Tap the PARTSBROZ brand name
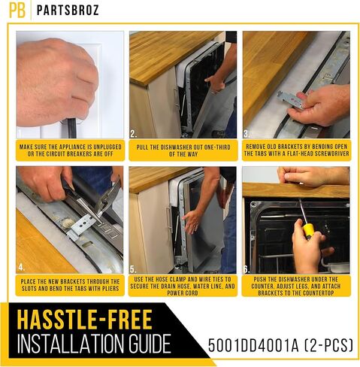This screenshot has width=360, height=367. pyautogui.click(x=67, y=11)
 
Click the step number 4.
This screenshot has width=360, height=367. pyautogui.click(x=21, y=267)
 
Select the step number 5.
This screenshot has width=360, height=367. pyautogui.click(x=133, y=267)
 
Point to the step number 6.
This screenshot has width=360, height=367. pyautogui.click(x=246, y=267)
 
